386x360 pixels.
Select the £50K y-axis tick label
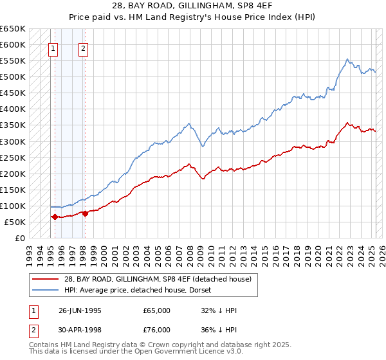click(x=15, y=222)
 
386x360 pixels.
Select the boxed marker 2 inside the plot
click(x=84, y=47)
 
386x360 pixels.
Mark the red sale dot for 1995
click(x=55, y=217)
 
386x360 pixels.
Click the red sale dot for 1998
click(x=85, y=213)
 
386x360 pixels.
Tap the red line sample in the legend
click(x=46, y=278)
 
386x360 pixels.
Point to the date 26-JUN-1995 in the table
click(x=80, y=310)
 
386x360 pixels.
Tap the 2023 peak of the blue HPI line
click(x=347, y=59)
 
